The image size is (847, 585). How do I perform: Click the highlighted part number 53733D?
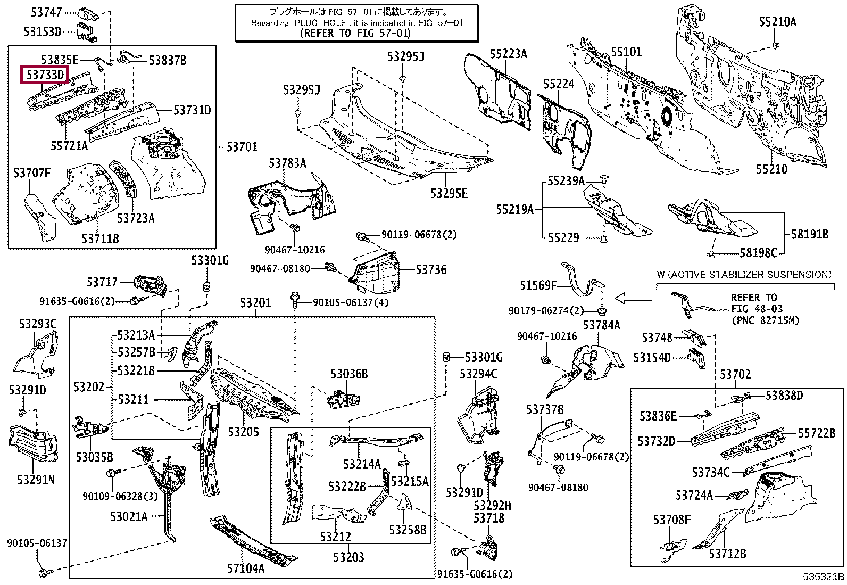click(45, 75)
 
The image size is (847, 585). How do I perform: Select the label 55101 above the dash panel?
click(626, 52)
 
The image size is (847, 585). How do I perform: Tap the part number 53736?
click(431, 270)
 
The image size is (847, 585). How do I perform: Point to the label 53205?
click(244, 432)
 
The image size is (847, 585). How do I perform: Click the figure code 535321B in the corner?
click(824, 577)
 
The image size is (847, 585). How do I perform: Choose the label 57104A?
click(246, 568)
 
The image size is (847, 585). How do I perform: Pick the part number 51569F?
click(538, 286)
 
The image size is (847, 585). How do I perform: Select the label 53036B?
click(348, 374)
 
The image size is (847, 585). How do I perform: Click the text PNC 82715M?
click(765, 320)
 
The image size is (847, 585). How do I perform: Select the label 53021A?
click(129, 516)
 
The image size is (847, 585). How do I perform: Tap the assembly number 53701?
click(242, 147)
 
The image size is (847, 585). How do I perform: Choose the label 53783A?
click(287, 163)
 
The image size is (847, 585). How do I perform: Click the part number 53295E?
click(449, 194)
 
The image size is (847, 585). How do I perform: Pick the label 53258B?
click(408, 530)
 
